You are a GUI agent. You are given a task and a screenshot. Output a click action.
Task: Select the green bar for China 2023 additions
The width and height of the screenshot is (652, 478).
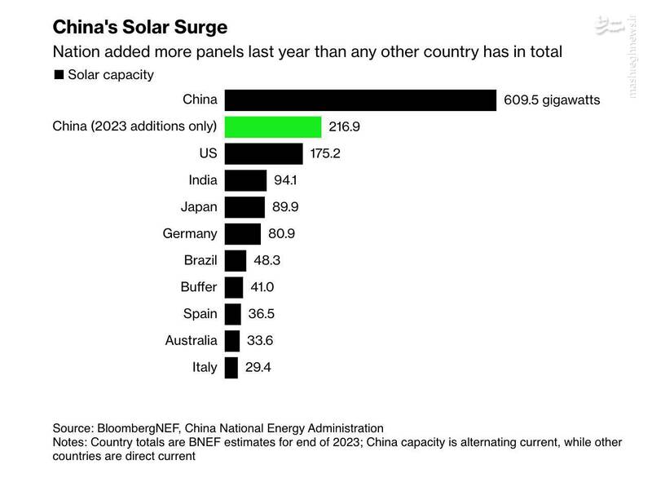pyautogui.click(x=272, y=126)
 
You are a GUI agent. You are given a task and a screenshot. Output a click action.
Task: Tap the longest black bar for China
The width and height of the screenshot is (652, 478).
pyautogui.click(x=360, y=100)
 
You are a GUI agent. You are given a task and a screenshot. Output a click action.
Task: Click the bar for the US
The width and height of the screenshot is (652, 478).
pyautogui.click(x=263, y=153)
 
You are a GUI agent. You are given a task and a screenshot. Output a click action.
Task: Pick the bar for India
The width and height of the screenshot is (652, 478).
pyautogui.click(x=245, y=180)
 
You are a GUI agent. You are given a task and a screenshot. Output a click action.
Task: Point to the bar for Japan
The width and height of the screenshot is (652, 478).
pyautogui.click(x=244, y=207)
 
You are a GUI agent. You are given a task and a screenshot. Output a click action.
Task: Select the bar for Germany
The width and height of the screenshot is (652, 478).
pyautogui.click(x=242, y=233)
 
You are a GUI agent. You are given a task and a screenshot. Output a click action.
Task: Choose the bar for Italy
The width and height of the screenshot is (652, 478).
pyautogui.click(x=231, y=367)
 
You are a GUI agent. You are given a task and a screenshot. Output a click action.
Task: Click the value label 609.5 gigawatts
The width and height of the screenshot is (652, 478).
pyautogui.click(x=553, y=100)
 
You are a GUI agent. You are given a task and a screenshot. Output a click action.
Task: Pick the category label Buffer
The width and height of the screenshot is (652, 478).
pyautogui.click(x=199, y=287)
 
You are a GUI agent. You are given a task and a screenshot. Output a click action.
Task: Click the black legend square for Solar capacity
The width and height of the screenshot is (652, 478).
pyautogui.click(x=59, y=75)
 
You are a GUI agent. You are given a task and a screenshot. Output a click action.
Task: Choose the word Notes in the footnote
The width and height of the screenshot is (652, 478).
pyautogui.click(x=70, y=442)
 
